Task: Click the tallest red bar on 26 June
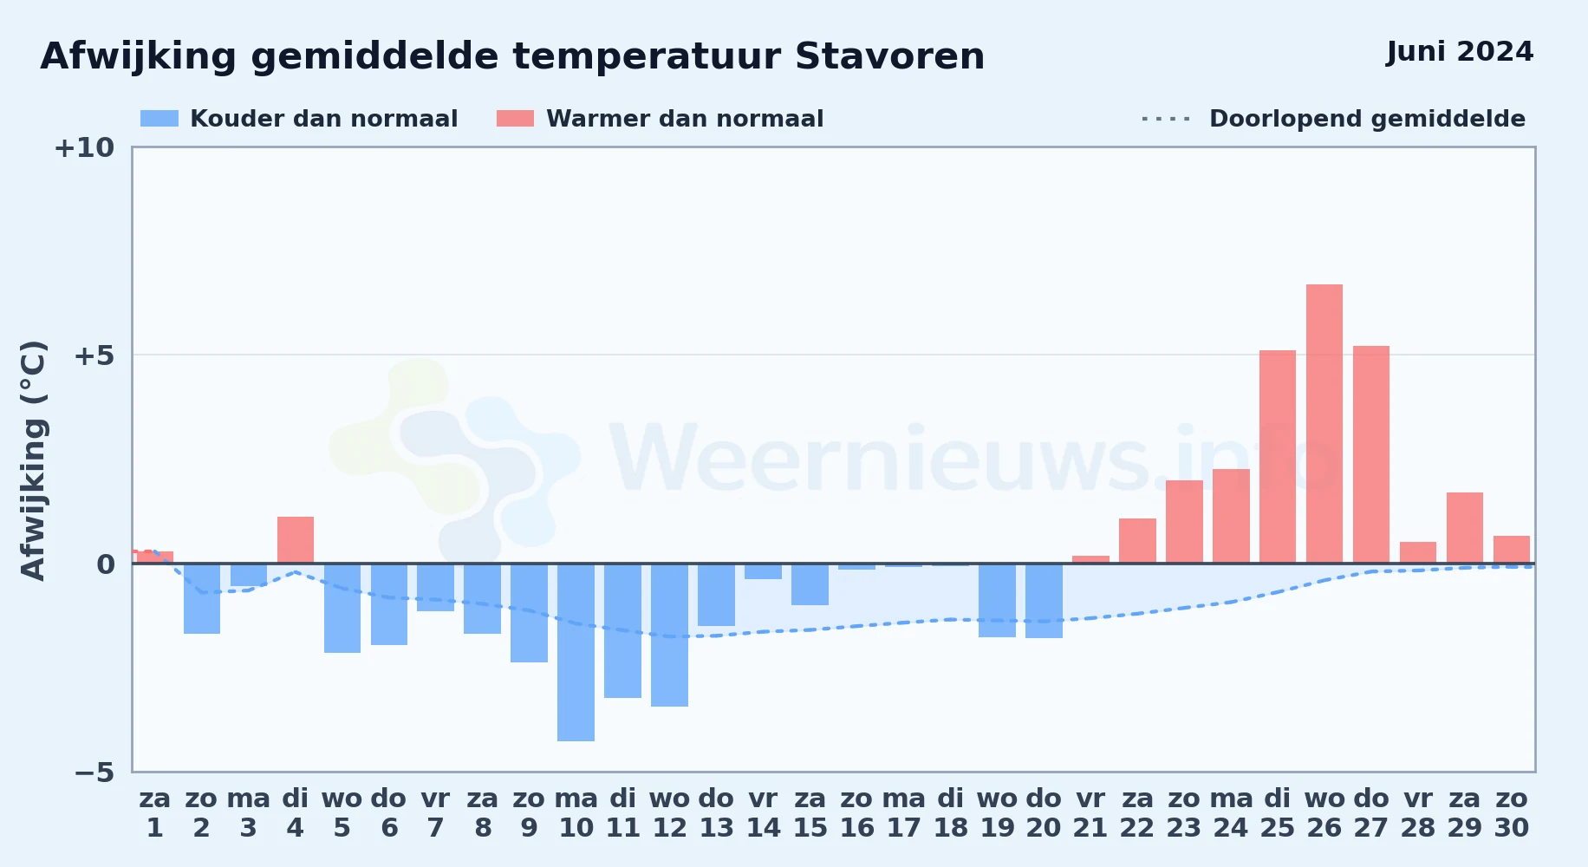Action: pos(1324,424)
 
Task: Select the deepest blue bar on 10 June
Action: pos(576,652)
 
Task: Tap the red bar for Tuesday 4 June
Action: pos(296,540)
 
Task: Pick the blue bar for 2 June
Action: pos(202,598)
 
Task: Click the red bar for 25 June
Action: pos(1278,457)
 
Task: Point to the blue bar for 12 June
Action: pos(669,635)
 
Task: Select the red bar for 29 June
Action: pos(1465,528)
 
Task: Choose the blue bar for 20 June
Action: pos(1044,601)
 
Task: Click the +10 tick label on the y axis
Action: pos(84,147)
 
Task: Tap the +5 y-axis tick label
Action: pos(94,355)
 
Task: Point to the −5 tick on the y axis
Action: pos(94,772)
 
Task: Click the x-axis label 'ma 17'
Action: pos(903,813)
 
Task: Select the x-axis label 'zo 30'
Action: pos(1512,813)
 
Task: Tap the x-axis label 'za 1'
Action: pos(155,813)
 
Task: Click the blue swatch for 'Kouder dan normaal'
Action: pos(159,119)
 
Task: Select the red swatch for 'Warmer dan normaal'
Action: pos(515,119)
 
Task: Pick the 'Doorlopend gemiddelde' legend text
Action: pos(1367,119)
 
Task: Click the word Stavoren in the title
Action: pos(889,56)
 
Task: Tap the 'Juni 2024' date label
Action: pos(1460,52)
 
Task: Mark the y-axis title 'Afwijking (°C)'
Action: pos(33,460)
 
